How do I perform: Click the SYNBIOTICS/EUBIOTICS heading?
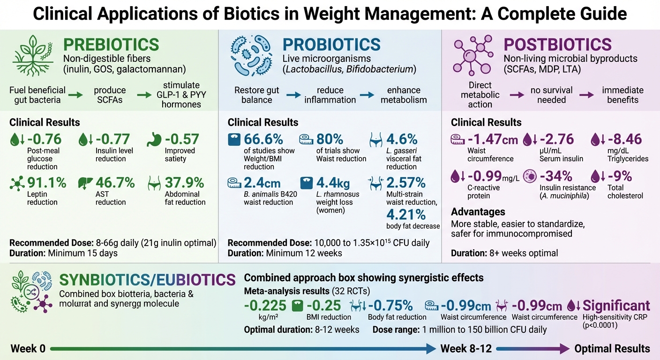(x=147, y=280)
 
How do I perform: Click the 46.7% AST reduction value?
(x=115, y=182)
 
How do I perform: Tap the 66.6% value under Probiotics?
(x=263, y=139)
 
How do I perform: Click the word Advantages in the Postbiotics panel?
(x=478, y=212)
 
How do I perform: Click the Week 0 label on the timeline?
(x=28, y=348)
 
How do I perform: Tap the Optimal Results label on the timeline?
(x=612, y=348)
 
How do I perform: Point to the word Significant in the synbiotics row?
(x=616, y=306)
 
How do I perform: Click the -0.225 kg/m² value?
(x=265, y=306)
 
